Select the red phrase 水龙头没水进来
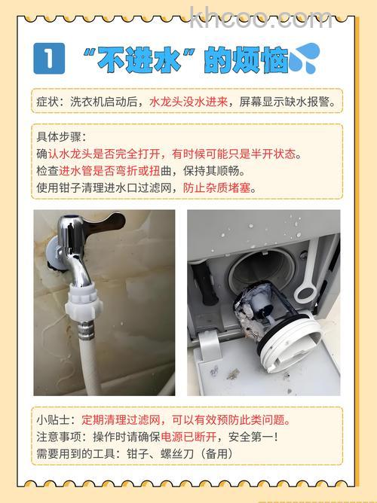[x=188, y=101]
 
